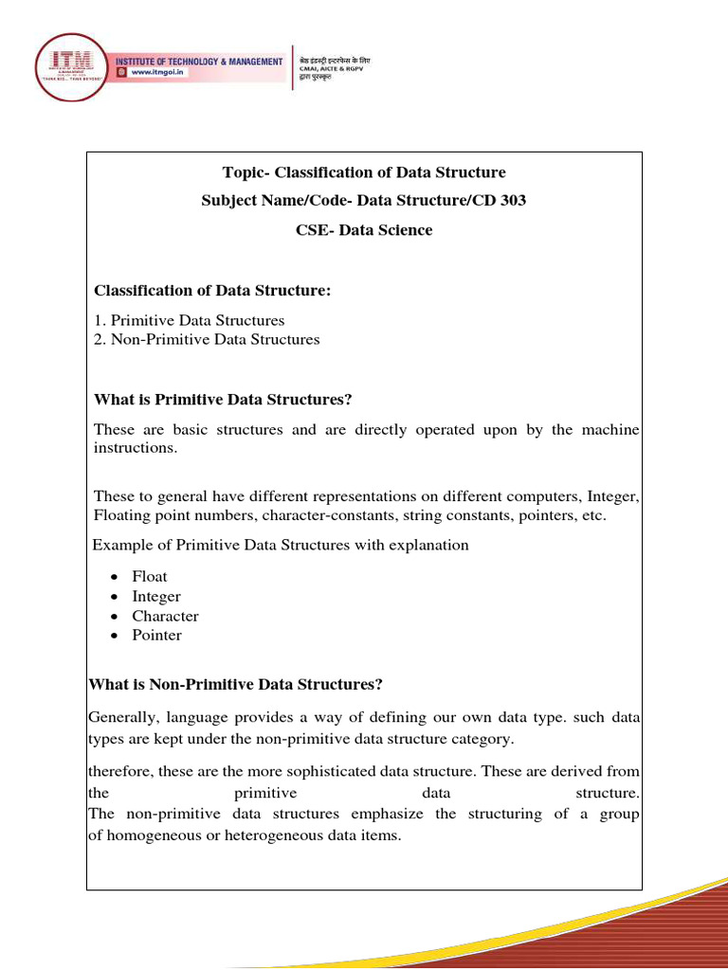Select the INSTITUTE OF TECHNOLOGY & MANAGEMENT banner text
199,62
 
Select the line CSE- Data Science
364,230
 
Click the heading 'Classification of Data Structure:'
212,291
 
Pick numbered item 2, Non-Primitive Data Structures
207,339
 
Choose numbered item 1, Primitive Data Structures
189,320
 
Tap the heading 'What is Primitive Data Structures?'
223,400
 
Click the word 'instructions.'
135,448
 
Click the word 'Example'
120,545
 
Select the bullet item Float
150,576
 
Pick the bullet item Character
165,616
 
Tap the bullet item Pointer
156,635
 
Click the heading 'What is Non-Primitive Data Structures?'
235,684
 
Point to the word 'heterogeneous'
294,835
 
